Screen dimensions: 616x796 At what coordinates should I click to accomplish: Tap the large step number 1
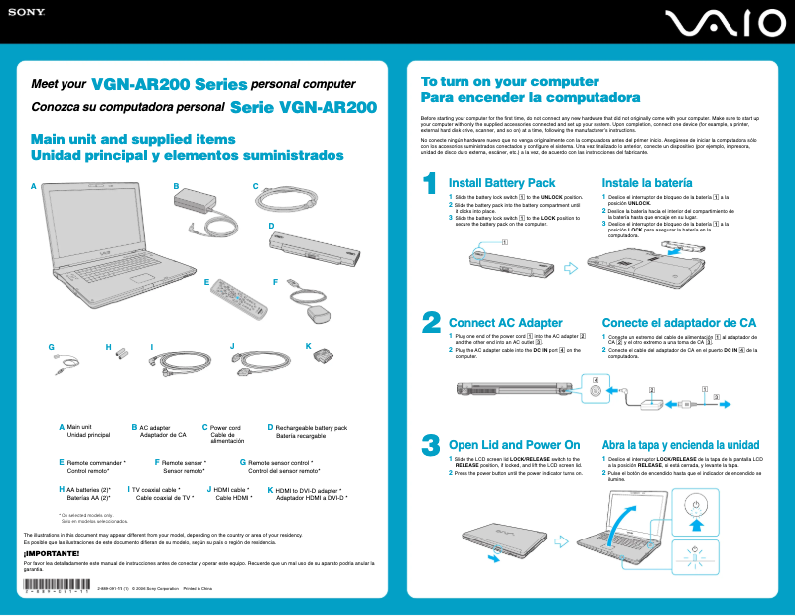[x=430, y=185]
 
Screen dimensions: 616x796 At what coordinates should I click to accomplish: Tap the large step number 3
[x=431, y=444]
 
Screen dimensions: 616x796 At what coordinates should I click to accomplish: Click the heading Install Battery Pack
[x=502, y=183]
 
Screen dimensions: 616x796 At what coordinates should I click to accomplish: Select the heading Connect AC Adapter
[x=505, y=323]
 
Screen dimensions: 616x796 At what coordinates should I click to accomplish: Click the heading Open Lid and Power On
[x=514, y=444]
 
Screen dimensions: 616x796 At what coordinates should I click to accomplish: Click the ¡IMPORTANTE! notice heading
[x=45, y=552]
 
